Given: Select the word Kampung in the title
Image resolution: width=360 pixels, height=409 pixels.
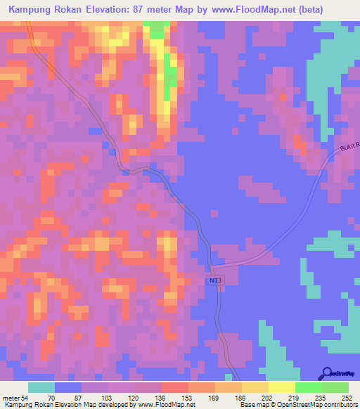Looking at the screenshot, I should point(27,10).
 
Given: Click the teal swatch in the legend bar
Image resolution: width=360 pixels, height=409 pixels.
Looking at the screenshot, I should point(41,387).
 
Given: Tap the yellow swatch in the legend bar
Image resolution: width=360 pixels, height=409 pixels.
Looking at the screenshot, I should point(281,387).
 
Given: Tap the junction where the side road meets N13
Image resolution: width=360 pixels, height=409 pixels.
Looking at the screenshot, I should point(214,267).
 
